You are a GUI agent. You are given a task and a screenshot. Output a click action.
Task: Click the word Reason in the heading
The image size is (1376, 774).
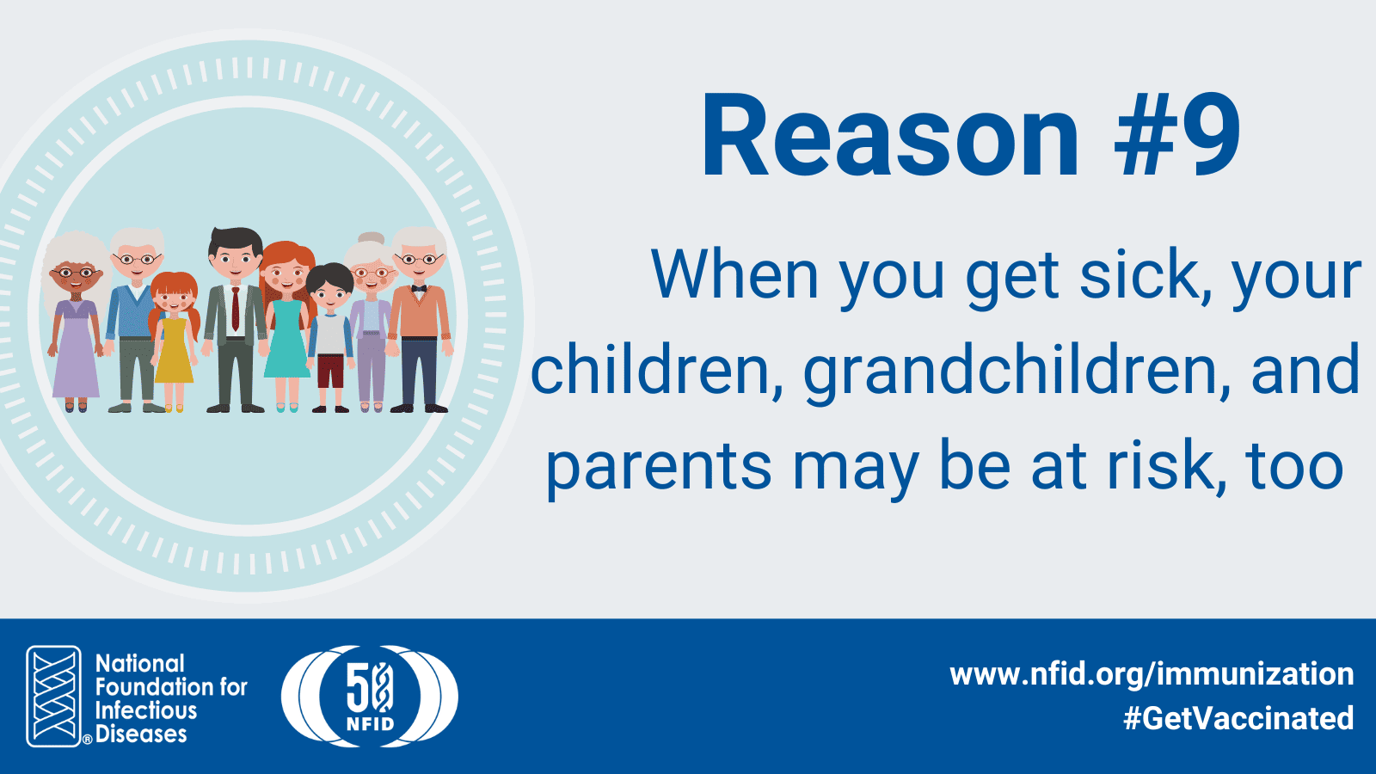889,137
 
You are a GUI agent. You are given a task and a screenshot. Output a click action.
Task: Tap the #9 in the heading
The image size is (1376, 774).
1177,137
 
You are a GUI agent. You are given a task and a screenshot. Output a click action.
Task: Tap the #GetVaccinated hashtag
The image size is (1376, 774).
1238,718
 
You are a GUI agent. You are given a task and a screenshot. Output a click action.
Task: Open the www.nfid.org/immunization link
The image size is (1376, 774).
1152,674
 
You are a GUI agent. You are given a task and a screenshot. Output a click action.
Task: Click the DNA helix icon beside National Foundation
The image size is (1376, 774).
54,696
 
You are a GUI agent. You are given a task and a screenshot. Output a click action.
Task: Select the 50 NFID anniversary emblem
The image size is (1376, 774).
370,696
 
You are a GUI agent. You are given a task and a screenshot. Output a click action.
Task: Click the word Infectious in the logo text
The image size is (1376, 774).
146,710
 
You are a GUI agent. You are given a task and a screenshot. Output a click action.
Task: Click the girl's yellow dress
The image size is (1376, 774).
174,350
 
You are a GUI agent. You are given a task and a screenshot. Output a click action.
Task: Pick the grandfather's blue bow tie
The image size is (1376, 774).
419,288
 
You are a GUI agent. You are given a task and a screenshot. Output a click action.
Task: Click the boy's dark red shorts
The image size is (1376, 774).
330,371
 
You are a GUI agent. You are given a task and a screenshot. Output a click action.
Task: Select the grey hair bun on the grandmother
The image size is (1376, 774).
371,237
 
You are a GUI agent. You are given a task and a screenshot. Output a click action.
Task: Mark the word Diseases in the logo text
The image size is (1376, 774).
141,734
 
